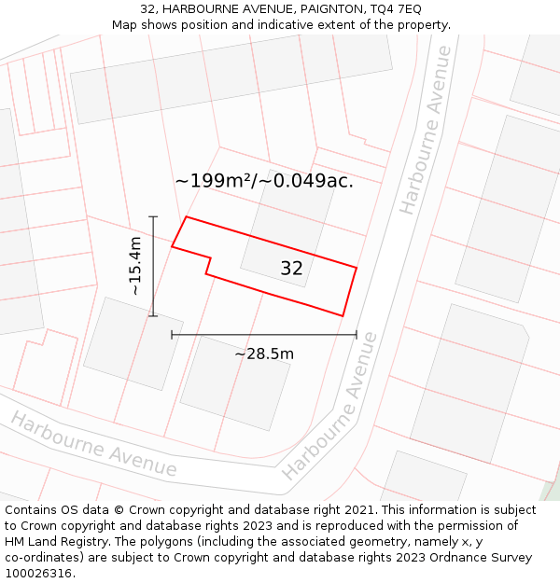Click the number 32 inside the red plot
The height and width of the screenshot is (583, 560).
tap(291, 269)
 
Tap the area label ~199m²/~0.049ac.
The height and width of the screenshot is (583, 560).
tap(264, 181)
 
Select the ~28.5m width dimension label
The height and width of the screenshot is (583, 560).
tap(264, 354)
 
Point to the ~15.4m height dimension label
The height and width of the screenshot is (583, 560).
tap(135, 266)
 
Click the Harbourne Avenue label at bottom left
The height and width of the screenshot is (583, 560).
tap(93, 443)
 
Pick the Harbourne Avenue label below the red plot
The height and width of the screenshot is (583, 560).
tap(330, 407)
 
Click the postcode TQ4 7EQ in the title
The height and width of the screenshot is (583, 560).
tap(396, 8)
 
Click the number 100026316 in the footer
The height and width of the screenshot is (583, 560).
tap(38, 573)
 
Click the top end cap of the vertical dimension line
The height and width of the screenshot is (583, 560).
tap(153, 216)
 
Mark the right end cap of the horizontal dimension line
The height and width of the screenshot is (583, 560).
tap(357, 334)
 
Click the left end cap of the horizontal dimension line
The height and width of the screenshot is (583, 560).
tap(172, 334)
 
